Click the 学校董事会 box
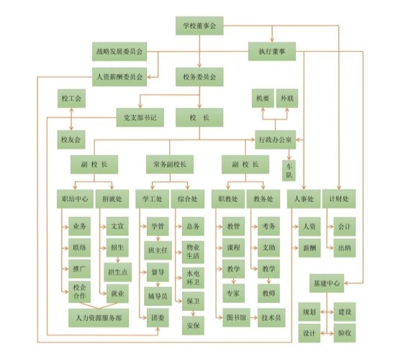coord(199,26)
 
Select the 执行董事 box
coord(272,51)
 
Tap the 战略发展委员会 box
coord(119,52)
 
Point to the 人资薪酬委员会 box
coord(119,77)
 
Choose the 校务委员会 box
coord(199,77)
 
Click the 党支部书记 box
coord(140,118)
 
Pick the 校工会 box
coord(71,98)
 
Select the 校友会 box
coord(71,140)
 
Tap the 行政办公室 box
coord(276,140)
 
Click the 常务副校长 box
coord(170,164)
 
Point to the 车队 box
coord(289,170)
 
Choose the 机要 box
coord(263,98)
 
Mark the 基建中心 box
coord(327,283)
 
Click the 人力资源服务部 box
coord(99,318)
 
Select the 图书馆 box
coord(236,317)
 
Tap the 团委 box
coord(158,317)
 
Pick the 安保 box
coord(193,325)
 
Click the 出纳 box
coord(345,247)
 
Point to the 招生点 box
coord(118,272)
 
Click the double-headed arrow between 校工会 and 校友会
coord(71,119)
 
